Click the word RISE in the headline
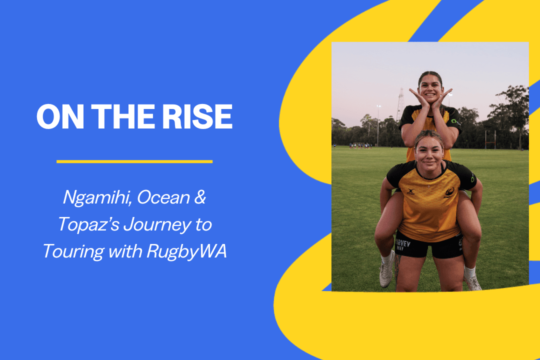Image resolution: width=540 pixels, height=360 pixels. point(197,116)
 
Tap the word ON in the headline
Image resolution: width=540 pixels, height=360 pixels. point(60,116)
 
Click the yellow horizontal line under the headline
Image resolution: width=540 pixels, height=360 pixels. point(134,161)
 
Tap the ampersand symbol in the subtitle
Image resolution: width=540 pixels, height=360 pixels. point(199,197)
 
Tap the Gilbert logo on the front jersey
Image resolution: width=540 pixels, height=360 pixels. point(410,191)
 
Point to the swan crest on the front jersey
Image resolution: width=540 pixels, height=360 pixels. point(449,192)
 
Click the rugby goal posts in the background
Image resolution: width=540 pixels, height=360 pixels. point(490,139)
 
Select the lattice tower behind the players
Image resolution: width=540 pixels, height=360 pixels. point(400,104)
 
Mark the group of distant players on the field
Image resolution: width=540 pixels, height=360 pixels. point(360,145)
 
